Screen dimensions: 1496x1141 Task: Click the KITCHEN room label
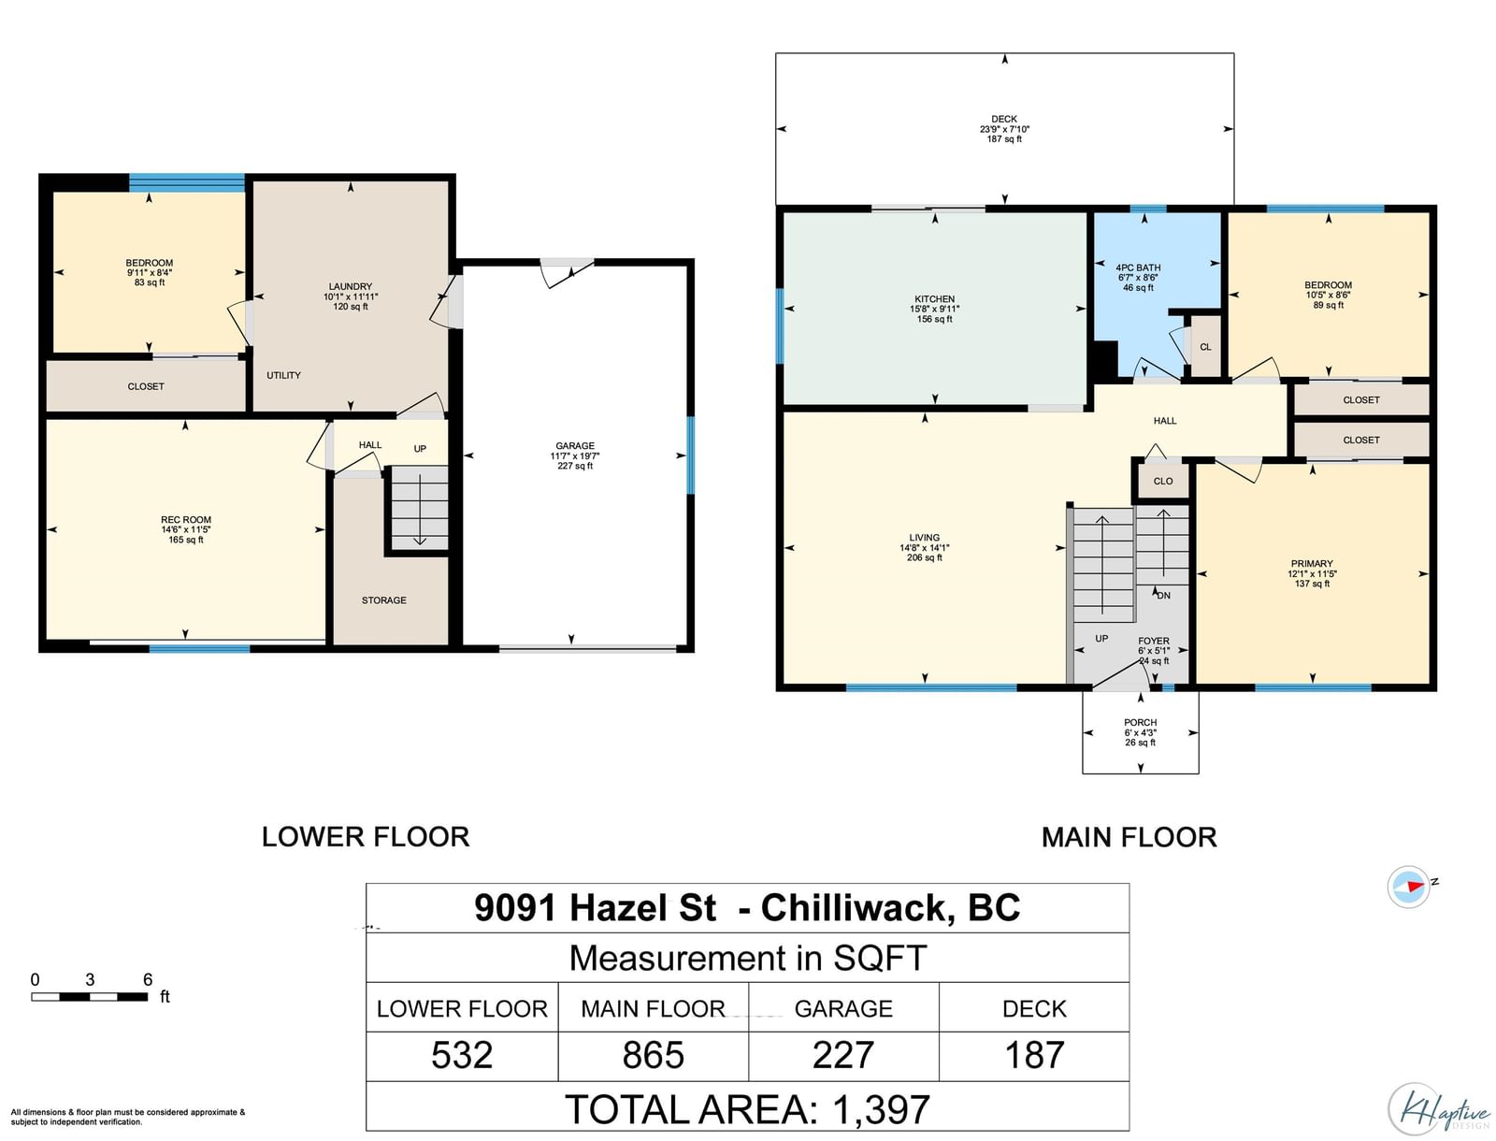(934, 298)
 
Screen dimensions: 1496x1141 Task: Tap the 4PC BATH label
(1138, 267)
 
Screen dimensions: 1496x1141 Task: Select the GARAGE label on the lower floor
(574, 446)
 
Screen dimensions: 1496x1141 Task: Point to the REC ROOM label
(186, 519)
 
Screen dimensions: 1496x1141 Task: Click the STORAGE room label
(383, 600)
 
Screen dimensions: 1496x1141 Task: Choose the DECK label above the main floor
(1004, 119)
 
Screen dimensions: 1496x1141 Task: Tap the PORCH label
(1140, 723)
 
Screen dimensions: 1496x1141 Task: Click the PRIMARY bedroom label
(1311, 564)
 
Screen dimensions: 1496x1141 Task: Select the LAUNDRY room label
(351, 286)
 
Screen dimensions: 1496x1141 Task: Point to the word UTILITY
(283, 375)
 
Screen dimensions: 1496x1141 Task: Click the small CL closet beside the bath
(1205, 347)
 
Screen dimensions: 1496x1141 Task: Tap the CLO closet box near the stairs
(1163, 482)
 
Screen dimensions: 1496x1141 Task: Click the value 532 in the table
(461, 1055)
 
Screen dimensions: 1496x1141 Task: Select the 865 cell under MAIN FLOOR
(653, 1055)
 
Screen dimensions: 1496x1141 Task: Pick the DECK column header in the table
(1034, 1009)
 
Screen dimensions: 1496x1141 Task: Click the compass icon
(1408, 887)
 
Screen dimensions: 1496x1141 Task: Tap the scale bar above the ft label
(89, 997)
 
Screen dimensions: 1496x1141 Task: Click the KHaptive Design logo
(1438, 1108)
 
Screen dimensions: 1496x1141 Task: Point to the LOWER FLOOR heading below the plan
(366, 837)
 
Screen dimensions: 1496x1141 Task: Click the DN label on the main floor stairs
(1163, 595)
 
